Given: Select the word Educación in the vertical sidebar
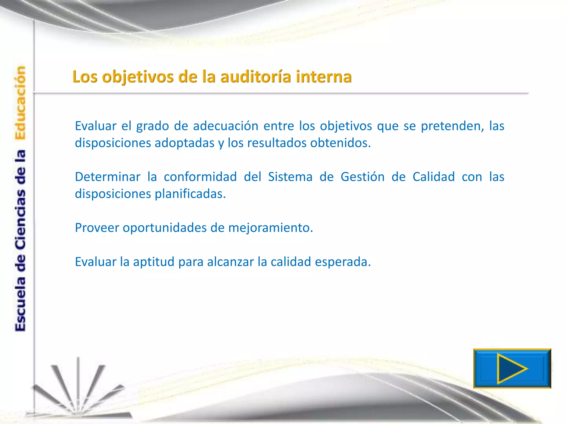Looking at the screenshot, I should [20, 103].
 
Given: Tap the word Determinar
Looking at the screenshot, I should [108, 177].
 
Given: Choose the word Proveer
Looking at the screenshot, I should [97, 228].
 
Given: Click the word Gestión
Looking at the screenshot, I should [362, 177].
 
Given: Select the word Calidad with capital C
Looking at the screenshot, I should [433, 177].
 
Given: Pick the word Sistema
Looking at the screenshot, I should [290, 177].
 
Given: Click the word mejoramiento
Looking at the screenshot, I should [270, 228].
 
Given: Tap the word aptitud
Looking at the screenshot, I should [154, 262].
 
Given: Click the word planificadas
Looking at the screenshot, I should [190, 194].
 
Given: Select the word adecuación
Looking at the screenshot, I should [226, 126].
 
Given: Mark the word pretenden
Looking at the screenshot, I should [452, 126].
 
